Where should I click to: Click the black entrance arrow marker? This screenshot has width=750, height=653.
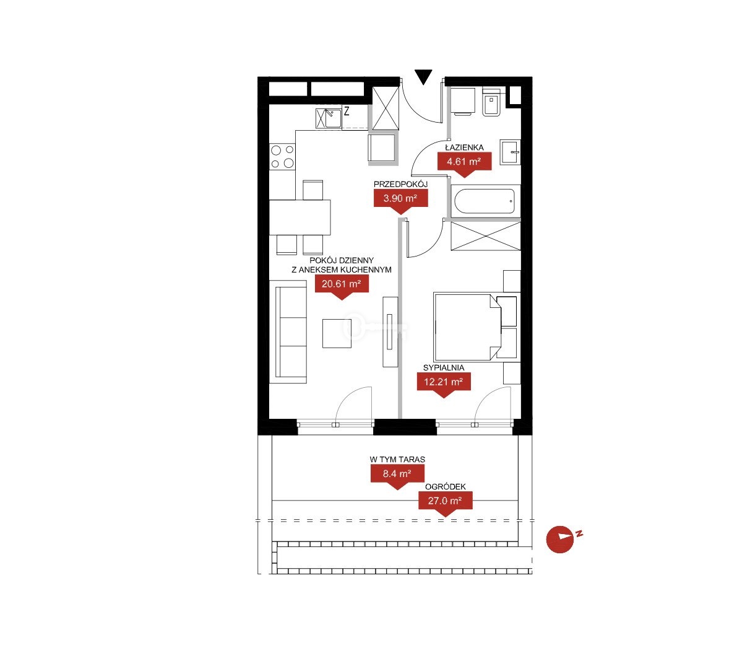point(423,76)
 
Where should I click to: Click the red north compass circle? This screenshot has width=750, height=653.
point(559,540)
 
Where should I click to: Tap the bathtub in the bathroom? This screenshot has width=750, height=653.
point(485,201)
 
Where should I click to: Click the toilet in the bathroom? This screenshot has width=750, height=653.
point(491,103)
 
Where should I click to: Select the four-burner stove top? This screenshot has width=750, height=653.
point(282,157)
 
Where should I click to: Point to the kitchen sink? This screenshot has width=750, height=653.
point(329,118)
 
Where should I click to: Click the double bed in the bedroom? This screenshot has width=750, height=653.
point(467,327)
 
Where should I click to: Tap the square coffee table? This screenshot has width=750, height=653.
point(337,333)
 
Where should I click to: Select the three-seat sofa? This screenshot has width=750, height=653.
point(288,332)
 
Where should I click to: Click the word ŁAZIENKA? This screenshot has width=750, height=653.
point(465,147)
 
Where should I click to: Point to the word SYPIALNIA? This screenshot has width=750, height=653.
point(444,367)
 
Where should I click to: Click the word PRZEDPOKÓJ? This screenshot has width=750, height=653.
point(400,184)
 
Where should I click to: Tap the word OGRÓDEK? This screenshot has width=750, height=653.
point(446,487)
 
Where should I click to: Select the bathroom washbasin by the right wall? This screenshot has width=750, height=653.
point(511,152)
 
